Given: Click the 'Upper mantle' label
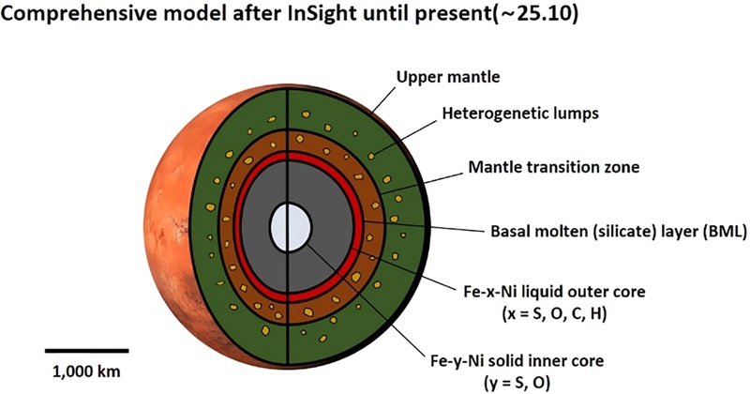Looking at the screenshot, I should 449,78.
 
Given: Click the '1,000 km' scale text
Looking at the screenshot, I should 80,369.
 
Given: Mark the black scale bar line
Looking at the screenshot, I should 80,352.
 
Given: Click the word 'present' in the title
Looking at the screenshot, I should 471,16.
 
